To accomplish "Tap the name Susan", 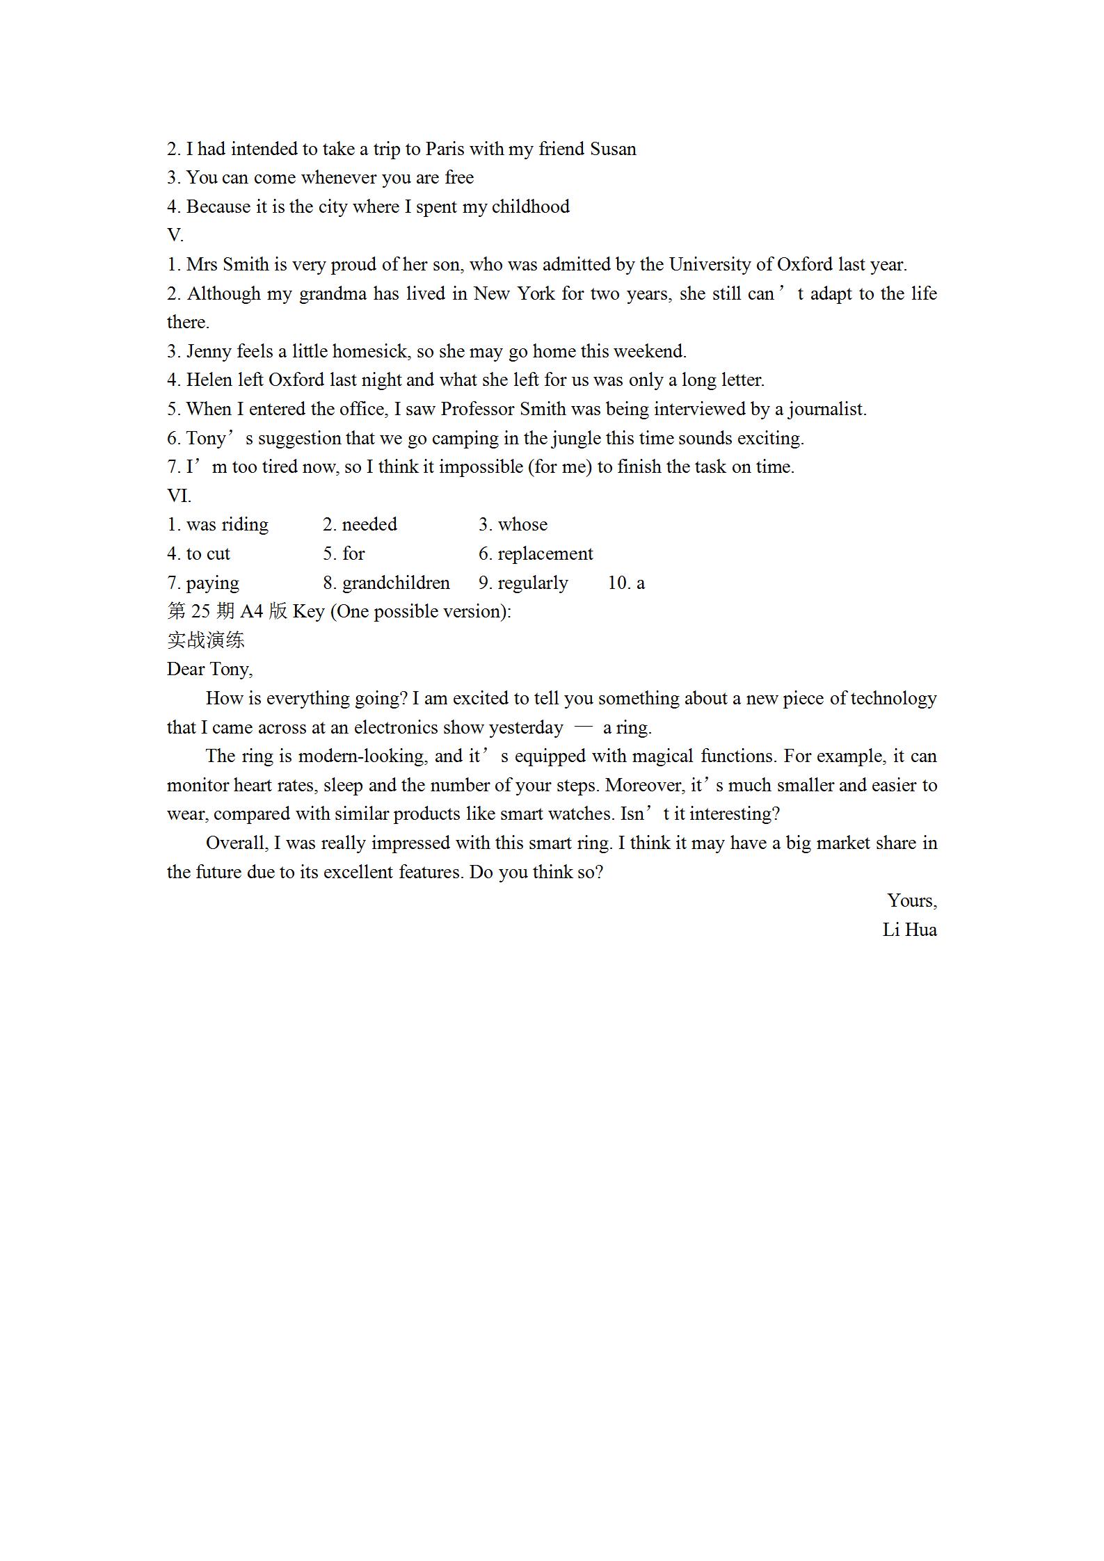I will (x=612, y=149).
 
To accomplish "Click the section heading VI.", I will (x=179, y=496).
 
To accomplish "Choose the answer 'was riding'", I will (x=227, y=525).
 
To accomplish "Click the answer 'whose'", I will (x=522, y=525).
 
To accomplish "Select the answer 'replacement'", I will (x=545, y=554).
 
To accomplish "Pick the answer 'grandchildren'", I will (x=395, y=583).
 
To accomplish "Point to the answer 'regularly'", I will (x=532, y=583).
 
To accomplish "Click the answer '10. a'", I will (x=626, y=583).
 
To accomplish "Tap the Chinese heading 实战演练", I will (x=206, y=640).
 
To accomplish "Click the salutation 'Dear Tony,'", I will (x=209, y=670).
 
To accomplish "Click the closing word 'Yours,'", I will (x=911, y=901).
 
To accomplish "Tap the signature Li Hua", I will (x=909, y=930).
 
